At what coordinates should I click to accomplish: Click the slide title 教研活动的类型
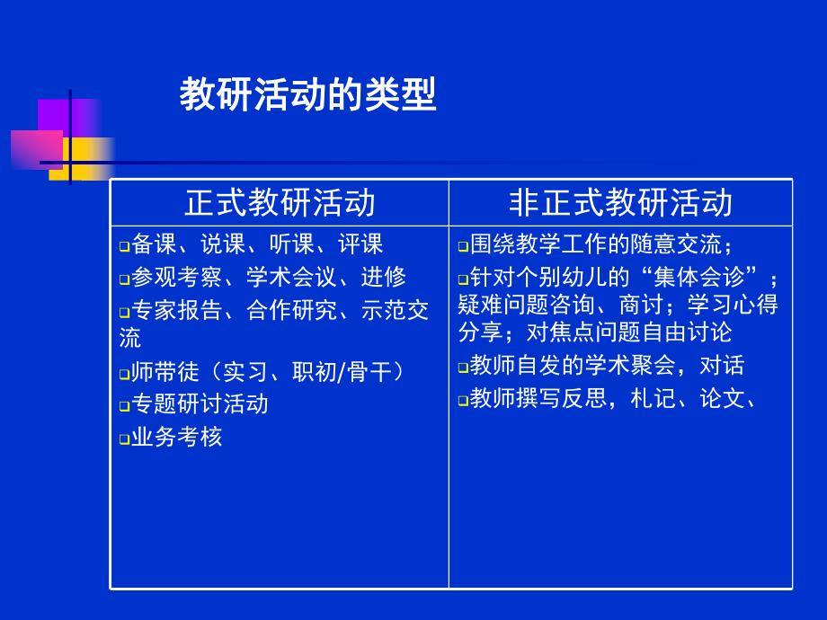pos(307,95)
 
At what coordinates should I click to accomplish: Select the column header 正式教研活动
pos(280,202)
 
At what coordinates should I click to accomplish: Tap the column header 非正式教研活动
pos(620,202)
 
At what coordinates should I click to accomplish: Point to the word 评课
pos(360,244)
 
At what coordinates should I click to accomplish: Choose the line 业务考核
pos(176,438)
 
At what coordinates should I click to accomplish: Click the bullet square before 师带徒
pos(125,373)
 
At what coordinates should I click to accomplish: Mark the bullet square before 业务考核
pos(125,439)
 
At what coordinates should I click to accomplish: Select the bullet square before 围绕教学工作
pos(463,246)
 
